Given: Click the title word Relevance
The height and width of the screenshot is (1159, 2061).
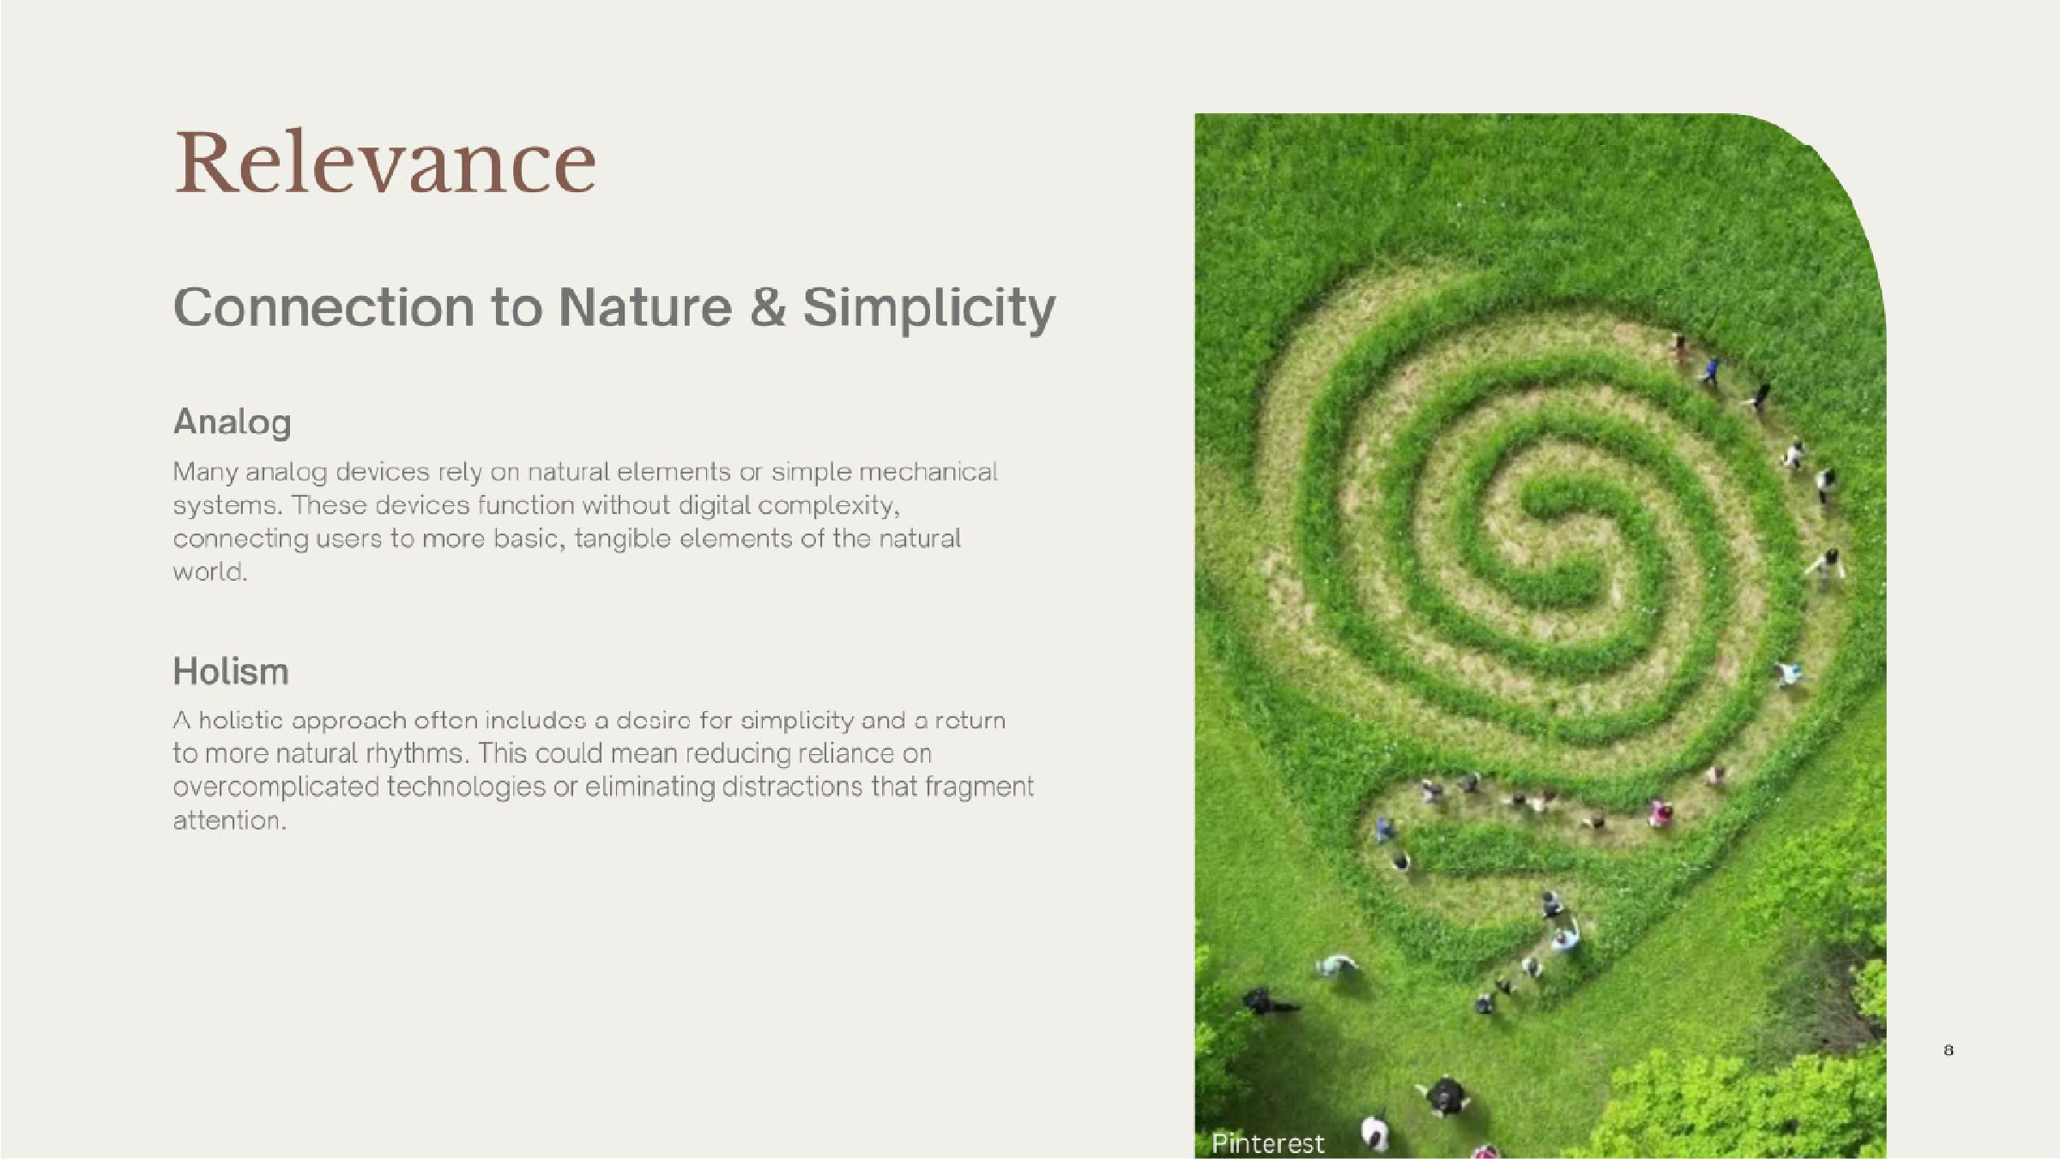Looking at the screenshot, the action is tap(385, 163).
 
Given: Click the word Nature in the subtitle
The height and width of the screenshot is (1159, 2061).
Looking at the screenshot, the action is tap(645, 307).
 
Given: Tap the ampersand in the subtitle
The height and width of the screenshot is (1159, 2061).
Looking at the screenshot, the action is tap(768, 307).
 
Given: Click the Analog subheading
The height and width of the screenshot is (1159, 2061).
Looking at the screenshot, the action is tap(233, 423).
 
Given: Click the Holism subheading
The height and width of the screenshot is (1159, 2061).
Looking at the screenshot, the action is tap(231, 672).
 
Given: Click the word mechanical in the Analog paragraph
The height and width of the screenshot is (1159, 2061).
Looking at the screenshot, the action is tap(928, 472).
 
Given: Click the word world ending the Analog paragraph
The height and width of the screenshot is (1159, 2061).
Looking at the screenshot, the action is tap(210, 572).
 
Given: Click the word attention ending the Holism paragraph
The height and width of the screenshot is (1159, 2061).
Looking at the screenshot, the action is tap(229, 821).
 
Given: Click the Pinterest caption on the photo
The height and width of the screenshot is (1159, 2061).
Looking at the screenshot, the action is tap(1267, 1144).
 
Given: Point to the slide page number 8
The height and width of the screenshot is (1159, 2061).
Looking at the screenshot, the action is tap(1949, 1050).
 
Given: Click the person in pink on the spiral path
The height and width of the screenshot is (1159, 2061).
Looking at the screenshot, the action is tap(1661, 813).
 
